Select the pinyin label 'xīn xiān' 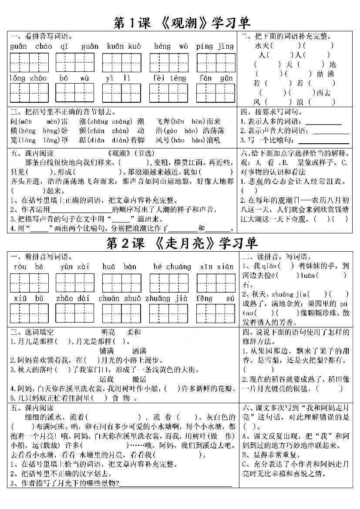tap(216, 266)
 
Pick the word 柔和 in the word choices tap(134, 332)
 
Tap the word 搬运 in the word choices tap(139, 379)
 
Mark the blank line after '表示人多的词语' tap(323, 125)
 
